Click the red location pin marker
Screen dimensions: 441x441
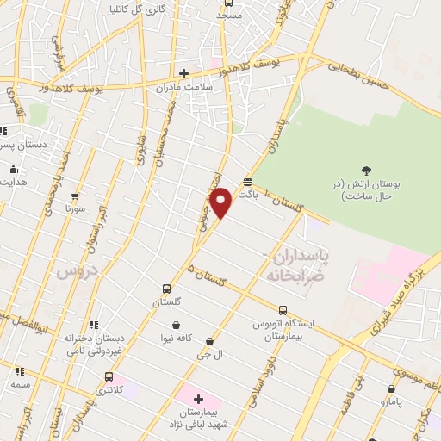coord(221,203)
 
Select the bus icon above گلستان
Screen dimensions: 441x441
coord(166,289)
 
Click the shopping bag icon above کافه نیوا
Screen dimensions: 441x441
coord(177,326)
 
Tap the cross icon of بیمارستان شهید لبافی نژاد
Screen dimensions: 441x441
coord(198,400)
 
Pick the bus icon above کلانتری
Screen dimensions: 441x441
coord(109,376)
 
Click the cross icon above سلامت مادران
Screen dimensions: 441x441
coord(183,73)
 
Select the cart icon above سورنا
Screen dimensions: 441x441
coord(75,196)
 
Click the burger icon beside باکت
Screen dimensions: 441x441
coord(248,182)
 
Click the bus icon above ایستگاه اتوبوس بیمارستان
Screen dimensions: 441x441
coord(283,310)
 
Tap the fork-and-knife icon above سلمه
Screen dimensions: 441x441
coord(20,370)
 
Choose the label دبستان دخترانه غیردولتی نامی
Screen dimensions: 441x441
coord(91,345)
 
